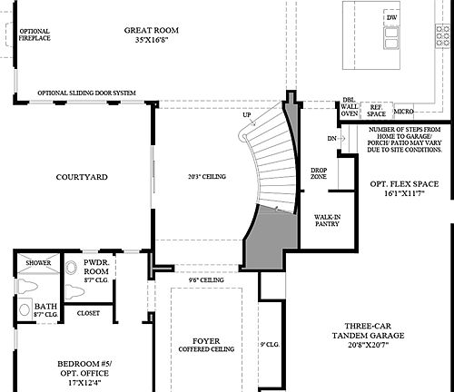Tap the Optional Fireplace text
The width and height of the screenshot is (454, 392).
[35, 35]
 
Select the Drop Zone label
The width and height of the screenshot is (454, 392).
[319, 172]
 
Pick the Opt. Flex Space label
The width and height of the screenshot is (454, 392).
[404, 189]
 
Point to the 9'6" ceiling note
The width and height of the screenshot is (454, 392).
[205, 280]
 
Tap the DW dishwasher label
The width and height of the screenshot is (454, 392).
[391, 17]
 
